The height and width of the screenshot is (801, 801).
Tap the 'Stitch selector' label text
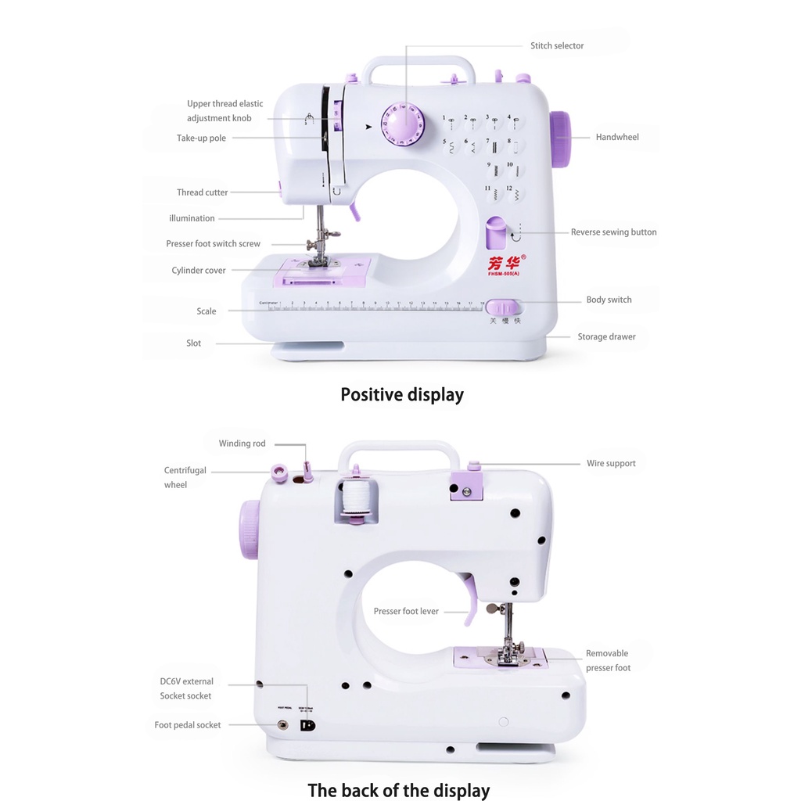[557, 46]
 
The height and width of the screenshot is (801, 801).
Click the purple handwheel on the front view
[559, 140]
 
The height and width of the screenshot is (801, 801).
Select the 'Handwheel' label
[617, 138]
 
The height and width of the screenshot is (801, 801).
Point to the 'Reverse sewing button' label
[613, 232]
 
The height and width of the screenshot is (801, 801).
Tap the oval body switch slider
[501, 307]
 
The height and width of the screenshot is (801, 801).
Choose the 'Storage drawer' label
[606, 337]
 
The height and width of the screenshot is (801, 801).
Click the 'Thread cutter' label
[202, 192]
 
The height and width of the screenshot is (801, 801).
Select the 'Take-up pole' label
[201, 138]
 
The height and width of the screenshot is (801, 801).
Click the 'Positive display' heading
[402, 395]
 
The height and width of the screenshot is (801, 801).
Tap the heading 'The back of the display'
[399, 791]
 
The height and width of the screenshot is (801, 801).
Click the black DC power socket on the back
[308, 725]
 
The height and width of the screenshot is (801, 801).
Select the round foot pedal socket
[283, 725]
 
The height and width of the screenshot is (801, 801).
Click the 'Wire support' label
[611, 464]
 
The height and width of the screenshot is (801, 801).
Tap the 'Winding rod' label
[242, 444]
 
